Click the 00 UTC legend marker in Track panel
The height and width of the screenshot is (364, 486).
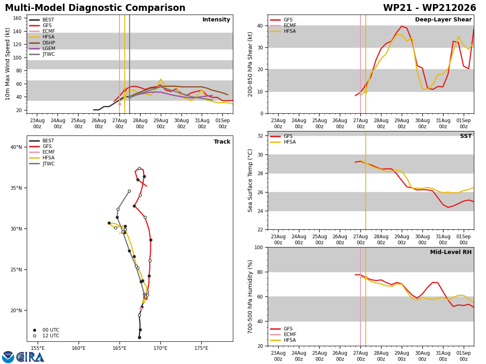click(34, 330)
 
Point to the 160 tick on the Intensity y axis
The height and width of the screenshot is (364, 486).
click(17, 18)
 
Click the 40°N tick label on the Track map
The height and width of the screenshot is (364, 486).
click(16, 147)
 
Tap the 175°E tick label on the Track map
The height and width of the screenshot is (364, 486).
click(201, 348)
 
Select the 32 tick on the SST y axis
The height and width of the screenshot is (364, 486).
click(260, 136)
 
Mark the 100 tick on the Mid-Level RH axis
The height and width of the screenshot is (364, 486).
click(259, 247)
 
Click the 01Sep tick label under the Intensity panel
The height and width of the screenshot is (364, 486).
click(222, 123)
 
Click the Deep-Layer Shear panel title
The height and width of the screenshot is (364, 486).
click(443, 19)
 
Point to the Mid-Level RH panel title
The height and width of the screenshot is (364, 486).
click(451, 252)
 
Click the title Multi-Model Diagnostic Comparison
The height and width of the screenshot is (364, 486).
click(95, 8)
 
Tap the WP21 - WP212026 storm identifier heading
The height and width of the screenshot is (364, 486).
click(430, 8)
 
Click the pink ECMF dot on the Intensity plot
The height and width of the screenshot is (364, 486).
click(119, 104)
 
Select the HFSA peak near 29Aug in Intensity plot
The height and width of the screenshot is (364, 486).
click(160, 79)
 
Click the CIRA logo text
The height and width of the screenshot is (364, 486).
click(30, 357)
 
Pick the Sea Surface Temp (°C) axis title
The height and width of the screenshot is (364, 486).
click(250, 180)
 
